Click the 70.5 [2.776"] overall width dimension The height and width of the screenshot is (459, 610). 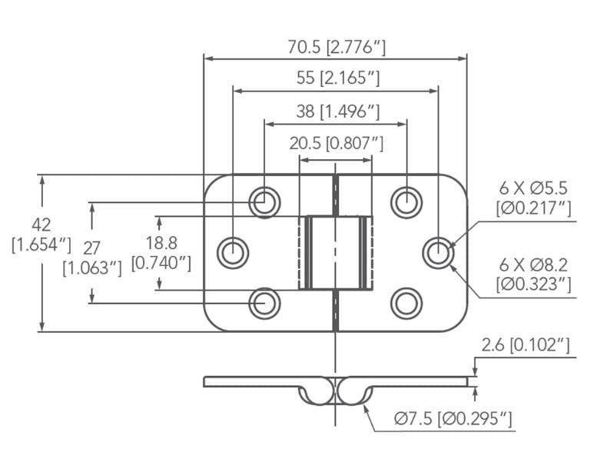[336, 47]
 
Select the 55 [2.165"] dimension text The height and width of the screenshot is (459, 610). [336, 78]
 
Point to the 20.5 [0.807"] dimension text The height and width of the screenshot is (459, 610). [336, 142]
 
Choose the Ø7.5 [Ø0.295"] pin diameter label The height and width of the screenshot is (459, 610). [453, 419]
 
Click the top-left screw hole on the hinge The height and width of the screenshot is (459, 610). [264, 201]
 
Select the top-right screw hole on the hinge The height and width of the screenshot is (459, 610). [406, 201]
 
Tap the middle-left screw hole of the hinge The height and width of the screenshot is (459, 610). [232, 252]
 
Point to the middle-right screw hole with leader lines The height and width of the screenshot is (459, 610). [438, 252]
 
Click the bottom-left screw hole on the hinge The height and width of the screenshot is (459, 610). [264, 303]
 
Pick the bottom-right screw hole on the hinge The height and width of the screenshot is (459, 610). [406, 303]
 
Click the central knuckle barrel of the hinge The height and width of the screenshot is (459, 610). [336, 252]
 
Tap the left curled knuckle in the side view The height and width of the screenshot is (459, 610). [317, 392]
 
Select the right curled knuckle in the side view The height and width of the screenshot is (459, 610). [355, 392]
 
